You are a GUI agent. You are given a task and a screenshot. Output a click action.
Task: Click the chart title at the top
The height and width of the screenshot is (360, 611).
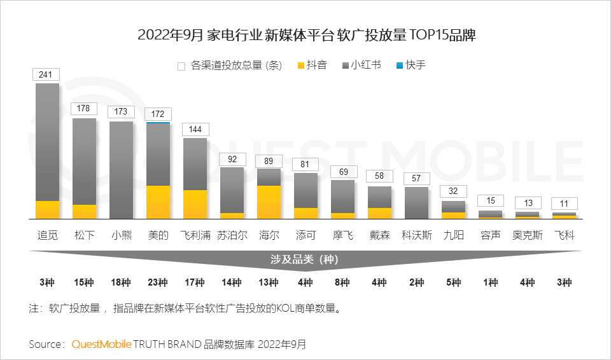[x=306, y=35]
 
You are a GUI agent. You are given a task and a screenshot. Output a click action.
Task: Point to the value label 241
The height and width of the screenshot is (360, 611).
[x=46, y=74]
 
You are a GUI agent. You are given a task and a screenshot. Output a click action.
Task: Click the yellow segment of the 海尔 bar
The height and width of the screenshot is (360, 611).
[x=269, y=202]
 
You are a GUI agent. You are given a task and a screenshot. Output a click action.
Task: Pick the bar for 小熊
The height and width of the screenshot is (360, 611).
[x=121, y=170]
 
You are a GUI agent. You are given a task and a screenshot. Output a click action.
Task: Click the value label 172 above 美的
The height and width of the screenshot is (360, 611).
[x=158, y=114]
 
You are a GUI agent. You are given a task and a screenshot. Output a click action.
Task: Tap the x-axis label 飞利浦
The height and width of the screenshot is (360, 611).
[x=195, y=235]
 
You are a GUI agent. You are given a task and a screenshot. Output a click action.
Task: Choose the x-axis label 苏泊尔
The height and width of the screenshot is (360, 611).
[x=232, y=235]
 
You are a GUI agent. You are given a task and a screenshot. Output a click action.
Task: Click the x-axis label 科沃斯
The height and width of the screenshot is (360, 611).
[x=417, y=235]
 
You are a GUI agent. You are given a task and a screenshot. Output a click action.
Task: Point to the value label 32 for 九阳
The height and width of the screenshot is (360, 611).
[x=453, y=191]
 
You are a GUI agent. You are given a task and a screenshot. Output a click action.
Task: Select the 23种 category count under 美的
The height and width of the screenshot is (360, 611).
[x=158, y=282]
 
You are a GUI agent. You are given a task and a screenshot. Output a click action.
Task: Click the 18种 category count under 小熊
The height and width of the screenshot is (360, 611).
[x=121, y=282]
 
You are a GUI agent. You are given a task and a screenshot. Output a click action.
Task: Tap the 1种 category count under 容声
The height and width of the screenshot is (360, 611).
[x=490, y=282]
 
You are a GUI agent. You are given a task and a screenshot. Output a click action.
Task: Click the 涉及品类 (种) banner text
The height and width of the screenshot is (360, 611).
[x=305, y=259]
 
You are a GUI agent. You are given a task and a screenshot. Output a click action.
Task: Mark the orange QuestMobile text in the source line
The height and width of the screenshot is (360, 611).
[x=102, y=344]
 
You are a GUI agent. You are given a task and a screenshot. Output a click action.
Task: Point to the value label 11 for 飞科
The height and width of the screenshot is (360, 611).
[x=564, y=204]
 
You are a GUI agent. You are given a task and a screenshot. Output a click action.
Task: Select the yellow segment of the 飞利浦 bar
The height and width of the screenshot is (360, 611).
[x=195, y=204]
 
